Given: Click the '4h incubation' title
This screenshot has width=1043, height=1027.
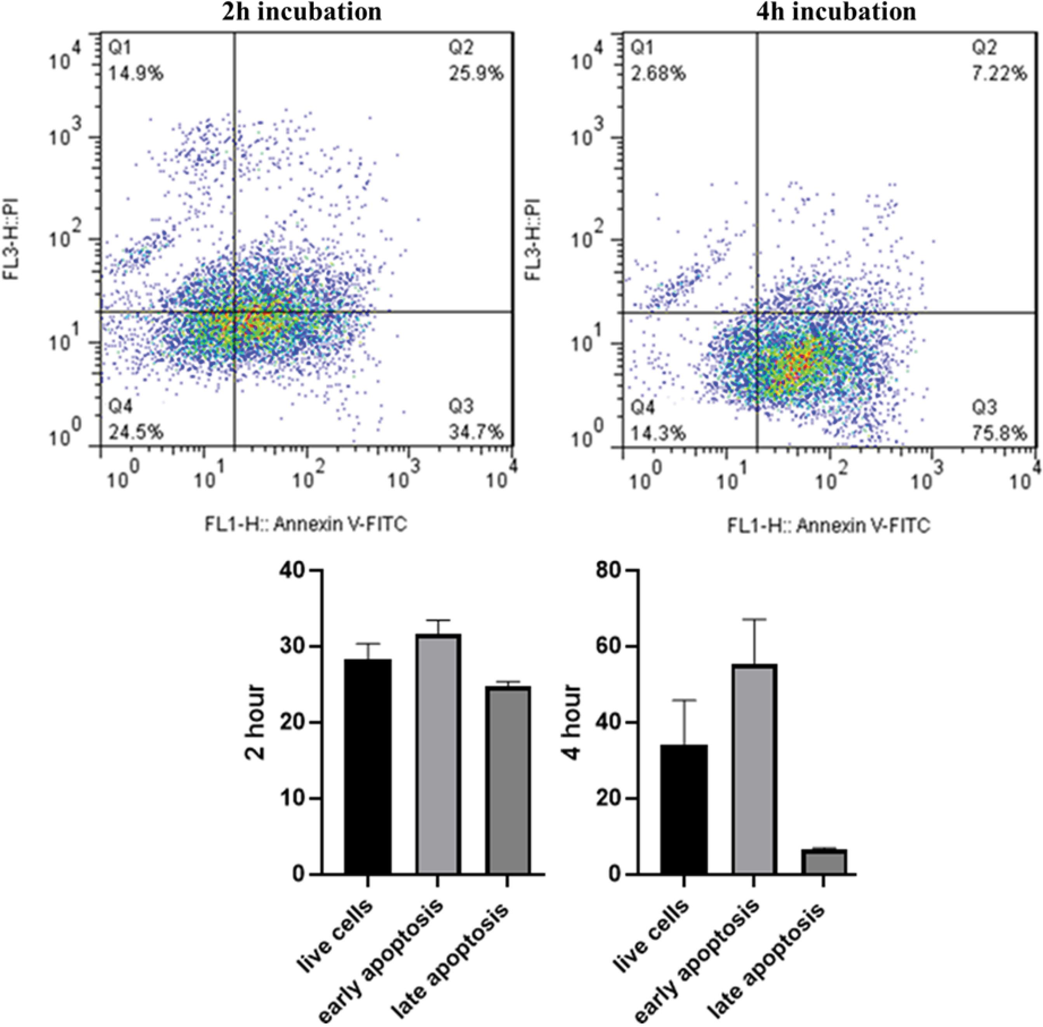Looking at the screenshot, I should (836, 11).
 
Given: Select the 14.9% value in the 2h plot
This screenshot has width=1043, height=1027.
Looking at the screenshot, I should (136, 73).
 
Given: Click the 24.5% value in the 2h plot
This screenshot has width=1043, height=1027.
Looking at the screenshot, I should (136, 432).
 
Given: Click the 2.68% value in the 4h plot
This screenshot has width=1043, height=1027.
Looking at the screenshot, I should (659, 73).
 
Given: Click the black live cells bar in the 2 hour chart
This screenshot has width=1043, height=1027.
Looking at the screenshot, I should (368, 766).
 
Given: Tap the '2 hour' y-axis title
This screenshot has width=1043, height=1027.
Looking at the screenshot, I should (255, 722).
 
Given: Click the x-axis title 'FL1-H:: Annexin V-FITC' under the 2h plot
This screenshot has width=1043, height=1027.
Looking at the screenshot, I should (305, 524).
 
